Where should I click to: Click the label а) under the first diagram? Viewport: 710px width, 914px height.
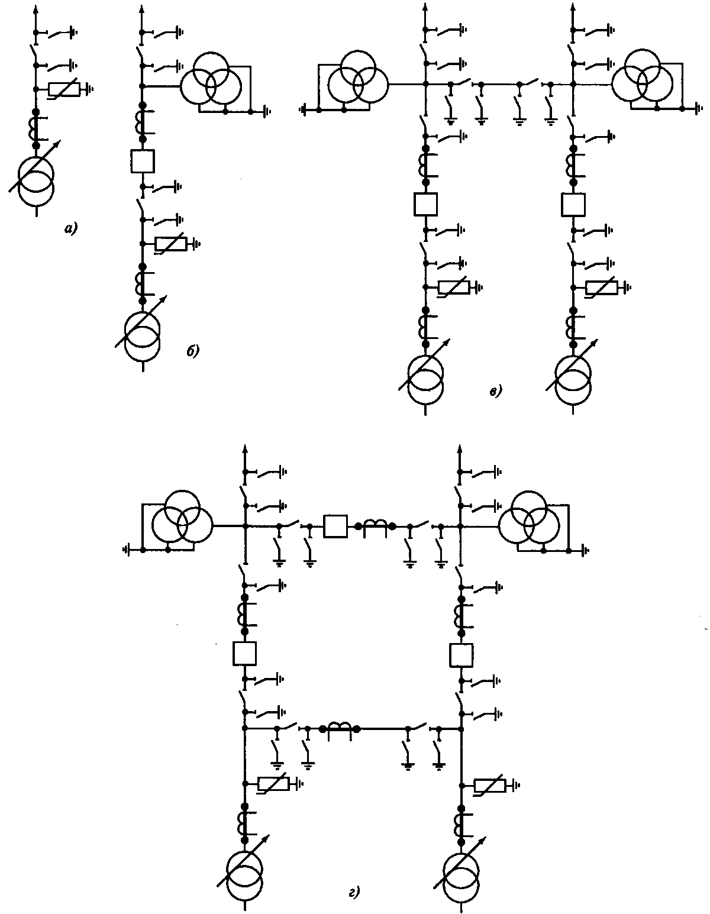70,228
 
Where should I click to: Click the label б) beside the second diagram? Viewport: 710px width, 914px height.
193,351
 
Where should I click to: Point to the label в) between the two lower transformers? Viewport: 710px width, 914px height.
496,390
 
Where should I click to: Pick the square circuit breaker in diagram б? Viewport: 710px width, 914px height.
142,160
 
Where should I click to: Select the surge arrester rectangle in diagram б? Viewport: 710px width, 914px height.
170,244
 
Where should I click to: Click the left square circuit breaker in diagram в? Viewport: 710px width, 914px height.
425,205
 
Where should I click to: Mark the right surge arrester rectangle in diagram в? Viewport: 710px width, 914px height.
601,288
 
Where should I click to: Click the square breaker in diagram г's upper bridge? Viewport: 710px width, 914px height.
335,526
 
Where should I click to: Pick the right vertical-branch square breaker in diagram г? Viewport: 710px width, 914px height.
461,654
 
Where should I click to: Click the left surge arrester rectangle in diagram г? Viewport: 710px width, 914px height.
273,784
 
